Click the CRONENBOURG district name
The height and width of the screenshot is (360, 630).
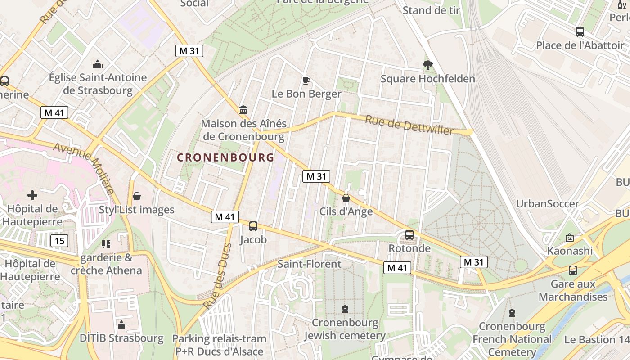pos(225,157)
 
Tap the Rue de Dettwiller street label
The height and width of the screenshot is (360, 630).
pos(409,125)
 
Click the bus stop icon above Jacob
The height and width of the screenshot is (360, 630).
pos(253,226)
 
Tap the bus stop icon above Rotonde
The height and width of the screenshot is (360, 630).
pos(409,235)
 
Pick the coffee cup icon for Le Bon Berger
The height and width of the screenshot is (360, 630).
pos(306,81)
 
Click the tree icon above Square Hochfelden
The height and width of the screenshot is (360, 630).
pos(427,66)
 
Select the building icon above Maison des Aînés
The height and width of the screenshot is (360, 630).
pos(244,110)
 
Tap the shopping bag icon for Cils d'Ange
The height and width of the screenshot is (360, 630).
pos(346,198)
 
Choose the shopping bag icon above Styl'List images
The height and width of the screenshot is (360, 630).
pos(137,196)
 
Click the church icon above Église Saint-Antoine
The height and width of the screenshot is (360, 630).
pos(98,64)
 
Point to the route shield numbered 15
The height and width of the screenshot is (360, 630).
pos(59,241)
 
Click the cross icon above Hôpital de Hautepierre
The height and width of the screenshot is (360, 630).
pos(32,195)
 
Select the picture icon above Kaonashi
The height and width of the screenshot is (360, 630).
pos(570,237)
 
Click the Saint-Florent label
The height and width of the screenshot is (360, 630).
pos(309,264)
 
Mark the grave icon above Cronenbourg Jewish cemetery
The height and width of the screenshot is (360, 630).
pos(345,309)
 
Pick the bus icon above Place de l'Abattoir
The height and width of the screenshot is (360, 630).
pos(580,32)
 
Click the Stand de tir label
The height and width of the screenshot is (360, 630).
pos(432,10)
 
